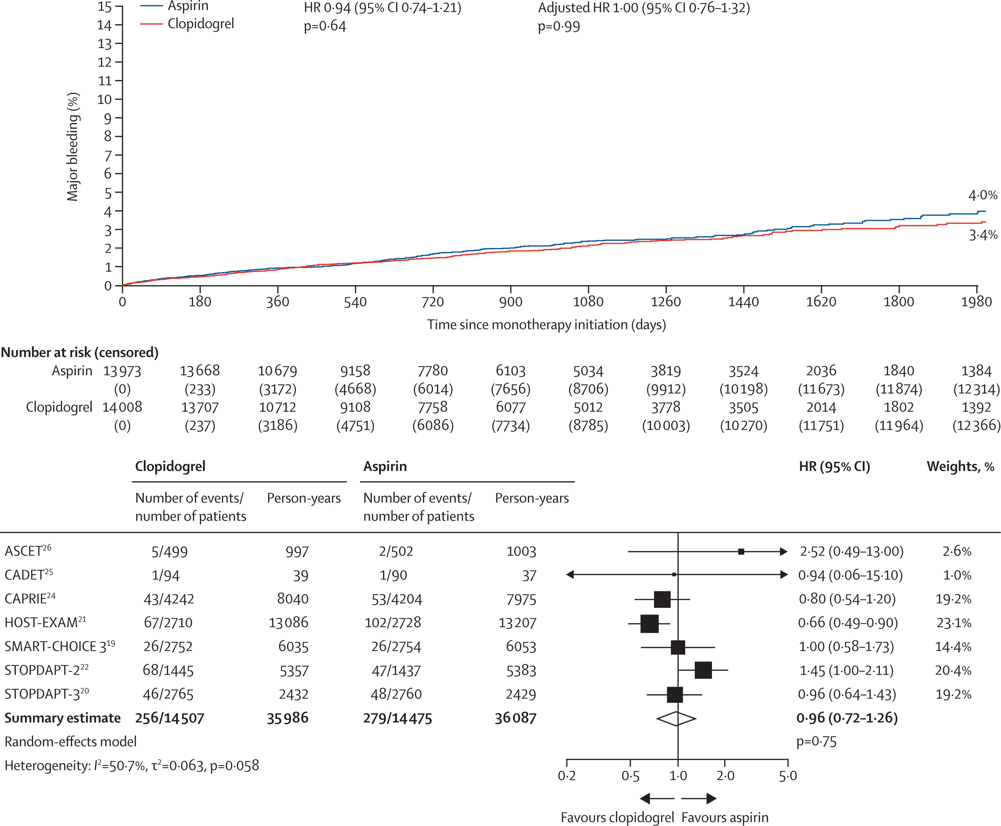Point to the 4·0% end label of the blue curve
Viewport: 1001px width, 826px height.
pyautogui.click(x=983, y=195)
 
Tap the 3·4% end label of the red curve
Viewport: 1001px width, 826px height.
pyautogui.click(x=983, y=235)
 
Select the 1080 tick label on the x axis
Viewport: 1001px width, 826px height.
pyautogui.click(x=588, y=302)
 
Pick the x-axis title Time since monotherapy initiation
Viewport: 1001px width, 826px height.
pyautogui.click(x=546, y=325)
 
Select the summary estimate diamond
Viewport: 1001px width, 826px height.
pyautogui.click(x=676, y=718)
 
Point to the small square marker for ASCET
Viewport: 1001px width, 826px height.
pyautogui.click(x=741, y=551)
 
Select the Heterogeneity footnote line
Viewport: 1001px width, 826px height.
pyautogui.click(x=132, y=765)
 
